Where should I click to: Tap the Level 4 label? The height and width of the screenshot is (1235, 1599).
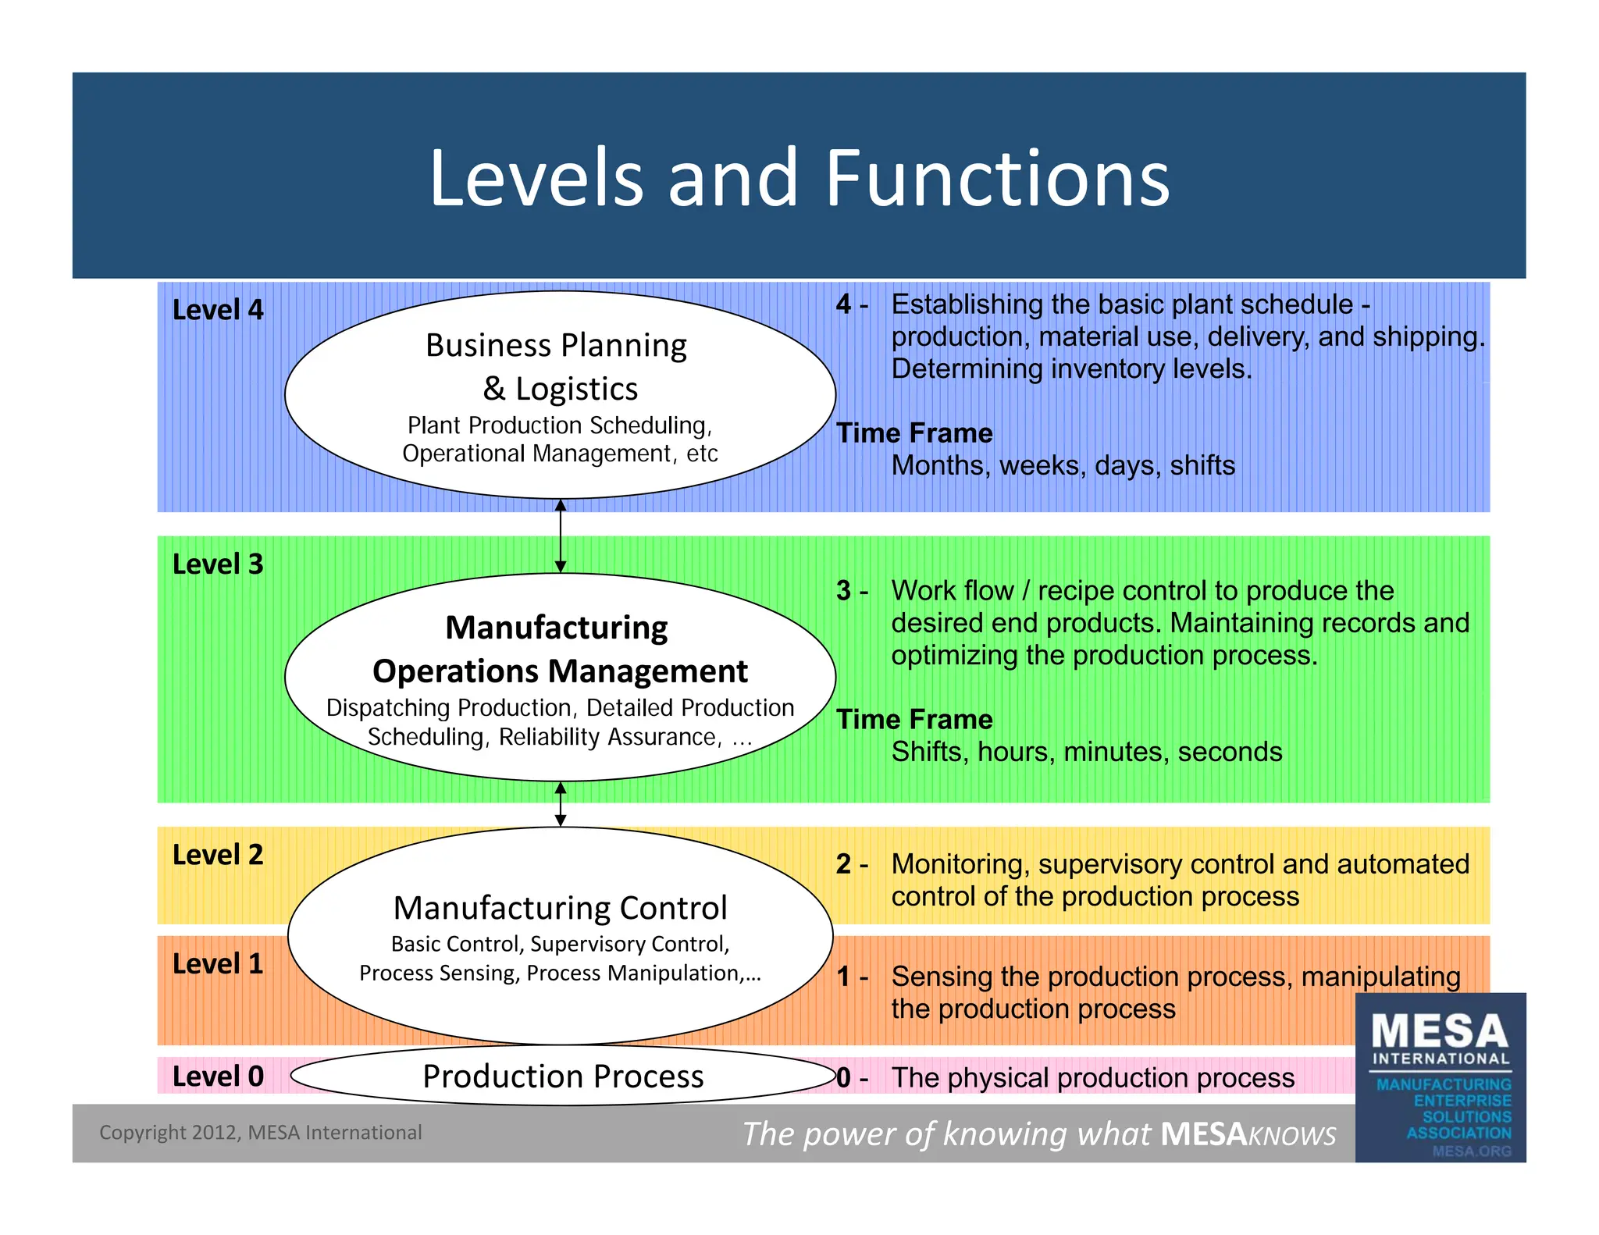pyautogui.click(x=218, y=310)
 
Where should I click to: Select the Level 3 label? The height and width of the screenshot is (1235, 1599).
pyautogui.click(x=218, y=564)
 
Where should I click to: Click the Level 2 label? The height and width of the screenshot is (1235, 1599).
pyautogui.click(x=218, y=855)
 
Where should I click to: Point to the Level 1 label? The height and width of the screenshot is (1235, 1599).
pyautogui.click(x=218, y=963)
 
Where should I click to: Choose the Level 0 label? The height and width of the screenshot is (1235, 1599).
pyautogui.click(x=218, y=1076)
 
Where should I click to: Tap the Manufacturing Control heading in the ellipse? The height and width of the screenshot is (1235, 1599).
pyautogui.click(x=560, y=908)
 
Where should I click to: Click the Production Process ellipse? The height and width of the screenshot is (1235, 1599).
pyautogui.click(x=563, y=1076)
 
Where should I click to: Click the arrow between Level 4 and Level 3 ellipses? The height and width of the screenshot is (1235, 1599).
pyautogui.click(x=560, y=536)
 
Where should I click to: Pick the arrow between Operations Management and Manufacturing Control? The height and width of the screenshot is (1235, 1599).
pyautogui.click(x=560, y=804)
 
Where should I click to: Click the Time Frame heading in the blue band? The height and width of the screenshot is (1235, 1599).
pyautogui.click(x=914, y=432)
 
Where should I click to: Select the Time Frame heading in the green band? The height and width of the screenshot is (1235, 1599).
pyautogui.click(x=914, y=719)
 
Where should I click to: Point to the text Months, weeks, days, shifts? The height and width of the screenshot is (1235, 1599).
pyautogui.click(x=1063, y=465)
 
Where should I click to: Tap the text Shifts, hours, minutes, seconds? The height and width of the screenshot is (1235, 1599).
pyautogui.click(x=1086, y=752)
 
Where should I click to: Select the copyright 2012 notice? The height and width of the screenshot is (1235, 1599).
pyautogui.click(x=260, y=1132)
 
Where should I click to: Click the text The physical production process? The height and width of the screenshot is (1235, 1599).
pyautogui.click(x=1092, y=1077)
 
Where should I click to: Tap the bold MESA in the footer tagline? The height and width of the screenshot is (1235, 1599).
pyautogui.click(x=1203, y=1134)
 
